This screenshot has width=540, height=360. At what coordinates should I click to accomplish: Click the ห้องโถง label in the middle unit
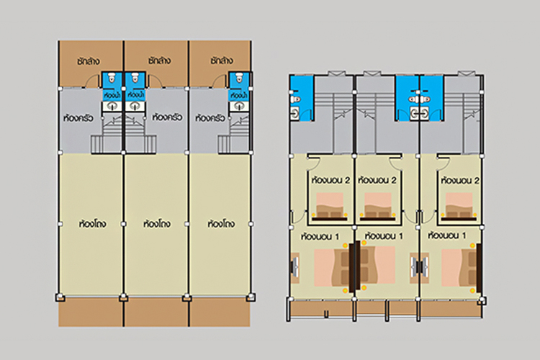coord(158,224)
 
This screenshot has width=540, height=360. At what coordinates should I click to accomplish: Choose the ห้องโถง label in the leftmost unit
coord(92,224)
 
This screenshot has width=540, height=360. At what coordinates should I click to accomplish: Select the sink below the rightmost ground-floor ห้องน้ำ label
coord(235,107)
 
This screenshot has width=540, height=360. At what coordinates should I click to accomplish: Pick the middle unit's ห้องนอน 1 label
coord(384,235)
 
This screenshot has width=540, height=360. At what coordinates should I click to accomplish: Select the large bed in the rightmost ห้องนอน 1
coord(459,264)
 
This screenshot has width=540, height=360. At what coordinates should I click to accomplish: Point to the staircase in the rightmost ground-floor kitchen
coord(235,135)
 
